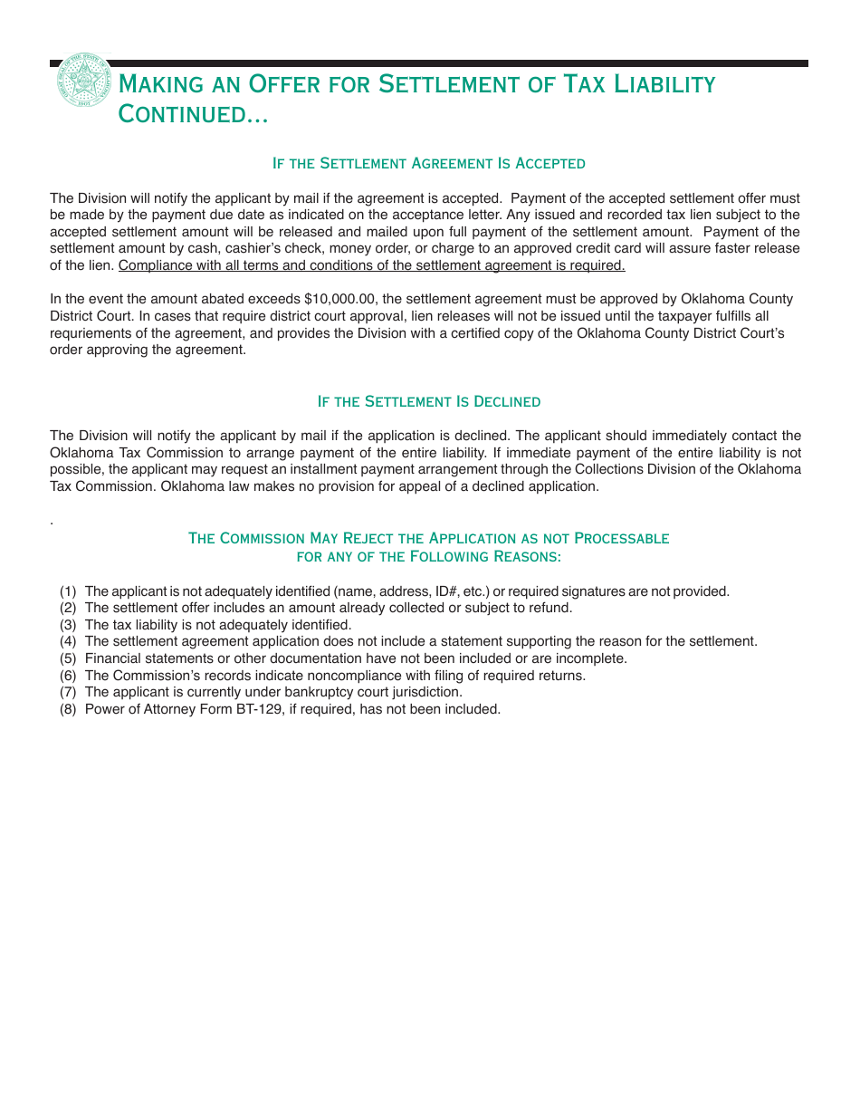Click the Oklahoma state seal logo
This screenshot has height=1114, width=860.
[83, 81]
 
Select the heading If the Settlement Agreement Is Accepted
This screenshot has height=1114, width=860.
[428, 163]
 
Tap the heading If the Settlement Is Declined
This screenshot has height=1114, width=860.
[428, 401]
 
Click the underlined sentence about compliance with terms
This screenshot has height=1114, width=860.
[371, 265]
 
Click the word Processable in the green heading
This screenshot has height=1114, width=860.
[616, 538]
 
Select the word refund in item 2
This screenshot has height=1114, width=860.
[551, 608]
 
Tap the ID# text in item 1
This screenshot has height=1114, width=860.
[446, 591]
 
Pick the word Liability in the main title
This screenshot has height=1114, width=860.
[664, 84]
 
